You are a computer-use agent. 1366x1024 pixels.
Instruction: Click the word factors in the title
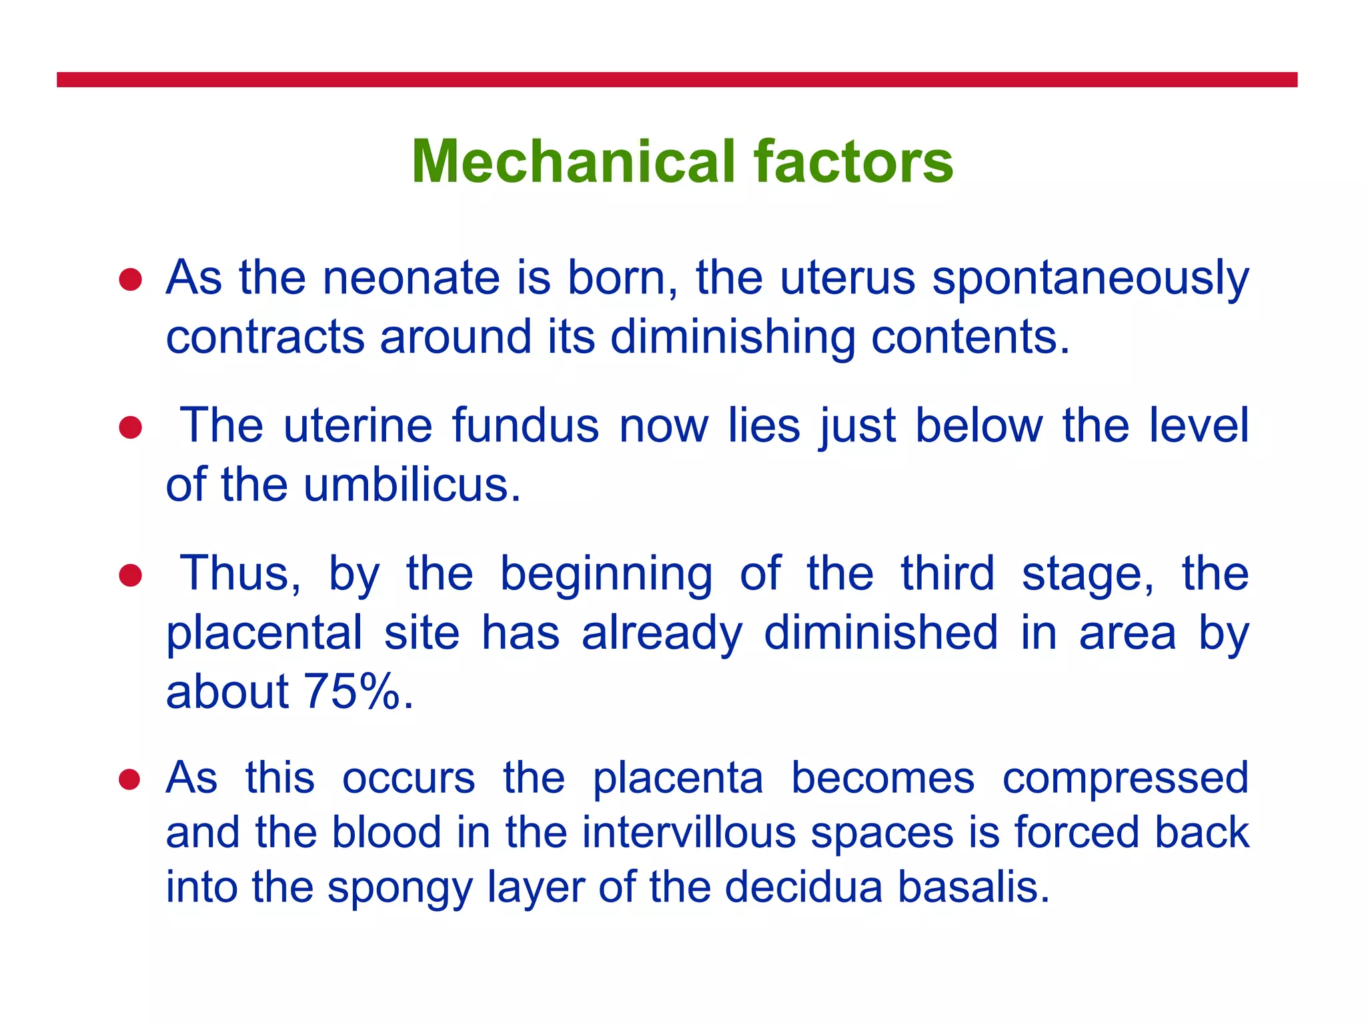click(854, 162)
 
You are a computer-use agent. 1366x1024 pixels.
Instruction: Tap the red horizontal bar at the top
click(676, 80)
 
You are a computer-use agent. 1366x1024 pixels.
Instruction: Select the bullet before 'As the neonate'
click(131, 280)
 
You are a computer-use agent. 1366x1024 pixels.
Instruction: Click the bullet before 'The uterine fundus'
click(131, 427)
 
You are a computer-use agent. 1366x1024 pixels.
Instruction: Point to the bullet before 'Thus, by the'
click(131, 575)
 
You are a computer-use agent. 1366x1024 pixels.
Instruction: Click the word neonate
click(411, 278)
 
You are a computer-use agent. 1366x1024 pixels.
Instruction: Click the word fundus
click(526, 426)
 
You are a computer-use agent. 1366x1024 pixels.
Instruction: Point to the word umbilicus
click(412, 485)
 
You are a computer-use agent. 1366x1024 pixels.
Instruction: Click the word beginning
click(606, 575)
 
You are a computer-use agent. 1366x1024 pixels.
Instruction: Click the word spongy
click(399, 889)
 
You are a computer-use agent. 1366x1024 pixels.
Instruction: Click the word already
click(662, 633)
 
